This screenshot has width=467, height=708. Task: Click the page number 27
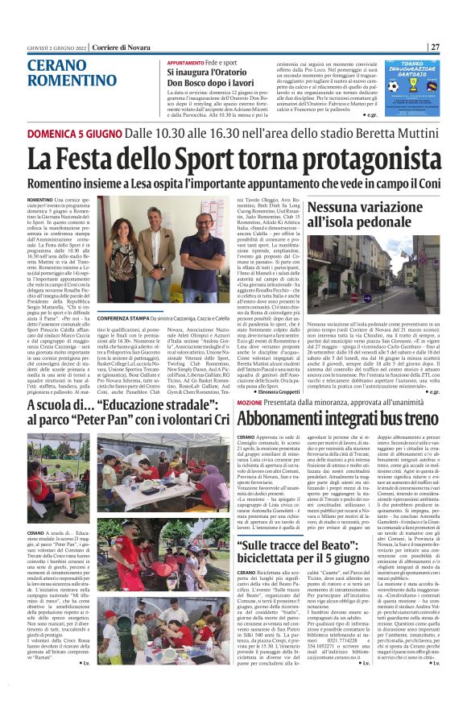coord(434,47)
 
